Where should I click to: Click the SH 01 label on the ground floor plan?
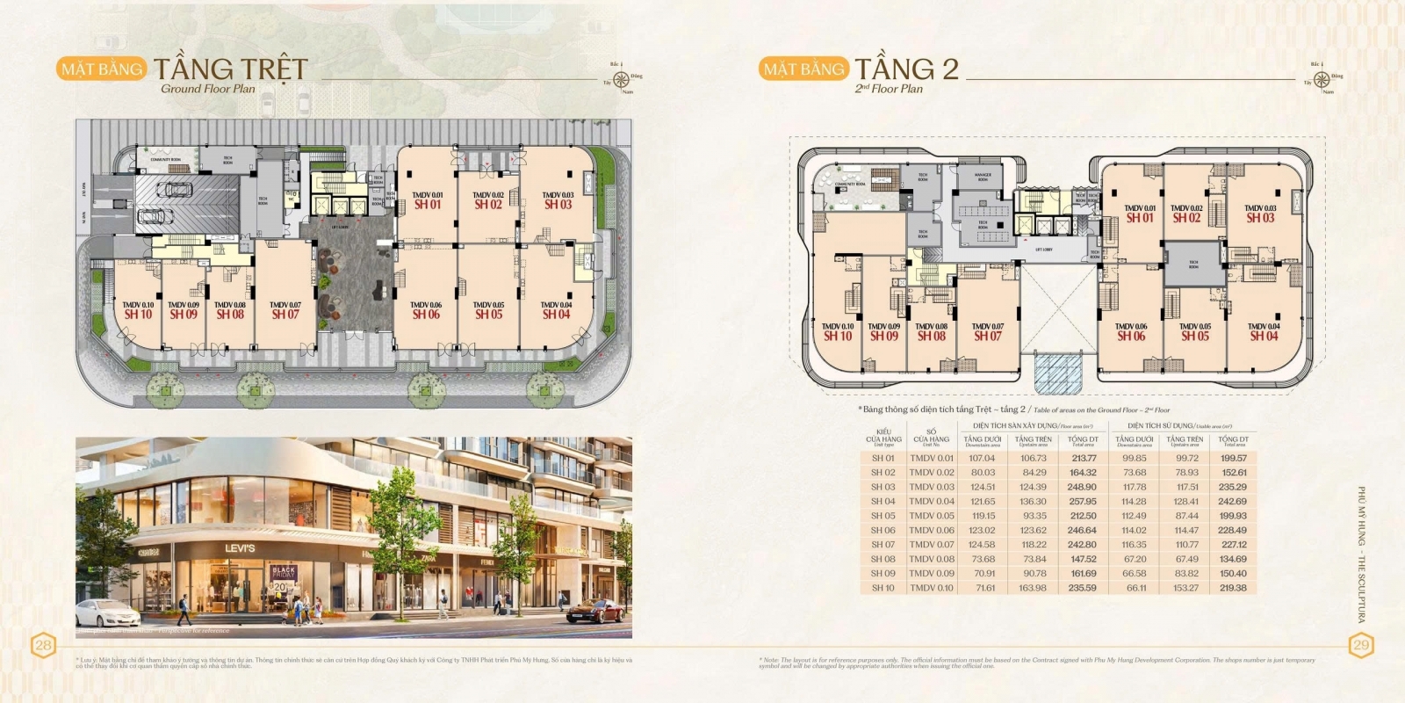(x=428, y=205)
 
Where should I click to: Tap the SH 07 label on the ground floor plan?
(x=285, y=314)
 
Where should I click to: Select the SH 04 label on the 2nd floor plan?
(x=1264, y=336)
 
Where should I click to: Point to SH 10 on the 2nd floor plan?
(x=838, y=336)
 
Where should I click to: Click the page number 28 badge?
(x=43, y=646)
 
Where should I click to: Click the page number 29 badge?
(x=1360, y=646)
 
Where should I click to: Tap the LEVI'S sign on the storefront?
(x=240, y=548)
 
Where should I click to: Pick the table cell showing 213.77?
(x=1084, y=458)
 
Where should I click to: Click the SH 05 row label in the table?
(x=883, y=516)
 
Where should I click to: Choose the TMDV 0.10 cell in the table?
(x=931, y=588)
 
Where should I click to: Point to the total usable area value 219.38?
(x=1233, y=588)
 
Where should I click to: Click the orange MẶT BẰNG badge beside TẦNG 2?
(x=803, y=69)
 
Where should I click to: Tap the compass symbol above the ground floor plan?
(x=622, y=78)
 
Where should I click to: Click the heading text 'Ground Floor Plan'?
(x=208, y=89)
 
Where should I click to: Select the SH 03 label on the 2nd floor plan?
(x=1260, y=218)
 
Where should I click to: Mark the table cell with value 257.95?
(x=1083, y=502)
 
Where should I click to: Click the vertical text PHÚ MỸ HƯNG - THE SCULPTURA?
(x=1362, y=554)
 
